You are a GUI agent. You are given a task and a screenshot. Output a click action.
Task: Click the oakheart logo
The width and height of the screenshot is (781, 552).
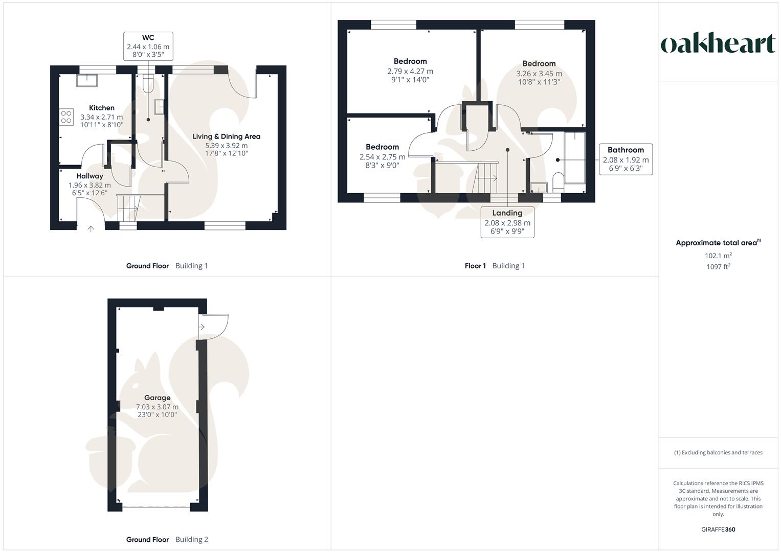[718, 43]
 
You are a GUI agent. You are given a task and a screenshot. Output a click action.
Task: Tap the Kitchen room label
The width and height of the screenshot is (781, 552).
[102, 108]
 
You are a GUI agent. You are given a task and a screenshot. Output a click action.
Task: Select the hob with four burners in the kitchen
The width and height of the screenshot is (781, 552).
[66, 117]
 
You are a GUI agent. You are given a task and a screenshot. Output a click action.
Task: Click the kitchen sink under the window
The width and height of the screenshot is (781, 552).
[87, 81]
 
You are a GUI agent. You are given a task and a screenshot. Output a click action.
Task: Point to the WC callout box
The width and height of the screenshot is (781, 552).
[148, 46]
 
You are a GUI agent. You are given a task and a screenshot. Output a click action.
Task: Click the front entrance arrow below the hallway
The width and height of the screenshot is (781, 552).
[91, 229]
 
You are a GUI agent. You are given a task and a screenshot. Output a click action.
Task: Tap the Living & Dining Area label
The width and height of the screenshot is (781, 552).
[226, 136]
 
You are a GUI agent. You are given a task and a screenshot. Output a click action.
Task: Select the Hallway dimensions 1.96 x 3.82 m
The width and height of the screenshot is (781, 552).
[90, 185]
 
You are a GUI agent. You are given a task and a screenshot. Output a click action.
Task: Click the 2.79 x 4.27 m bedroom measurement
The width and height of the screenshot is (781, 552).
[410, 72]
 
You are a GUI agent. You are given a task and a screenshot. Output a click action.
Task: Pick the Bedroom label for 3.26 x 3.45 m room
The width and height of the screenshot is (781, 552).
[539, 64]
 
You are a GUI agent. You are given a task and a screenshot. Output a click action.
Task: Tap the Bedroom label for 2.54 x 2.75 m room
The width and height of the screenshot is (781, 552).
[382, 147]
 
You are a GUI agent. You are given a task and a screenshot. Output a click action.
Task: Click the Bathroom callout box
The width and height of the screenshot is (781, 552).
[626, 159]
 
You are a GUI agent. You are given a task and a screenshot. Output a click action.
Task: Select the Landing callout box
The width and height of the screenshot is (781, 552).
[507, 222]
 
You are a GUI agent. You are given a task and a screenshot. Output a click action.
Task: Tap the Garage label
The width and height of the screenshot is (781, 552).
[157, 398]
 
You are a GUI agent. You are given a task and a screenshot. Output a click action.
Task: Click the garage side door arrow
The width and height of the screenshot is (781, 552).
[202, 327]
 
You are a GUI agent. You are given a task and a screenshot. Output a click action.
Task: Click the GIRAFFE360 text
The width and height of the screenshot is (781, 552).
[718, 530]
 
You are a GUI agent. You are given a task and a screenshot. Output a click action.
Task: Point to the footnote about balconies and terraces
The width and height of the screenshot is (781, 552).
[718, 452]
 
